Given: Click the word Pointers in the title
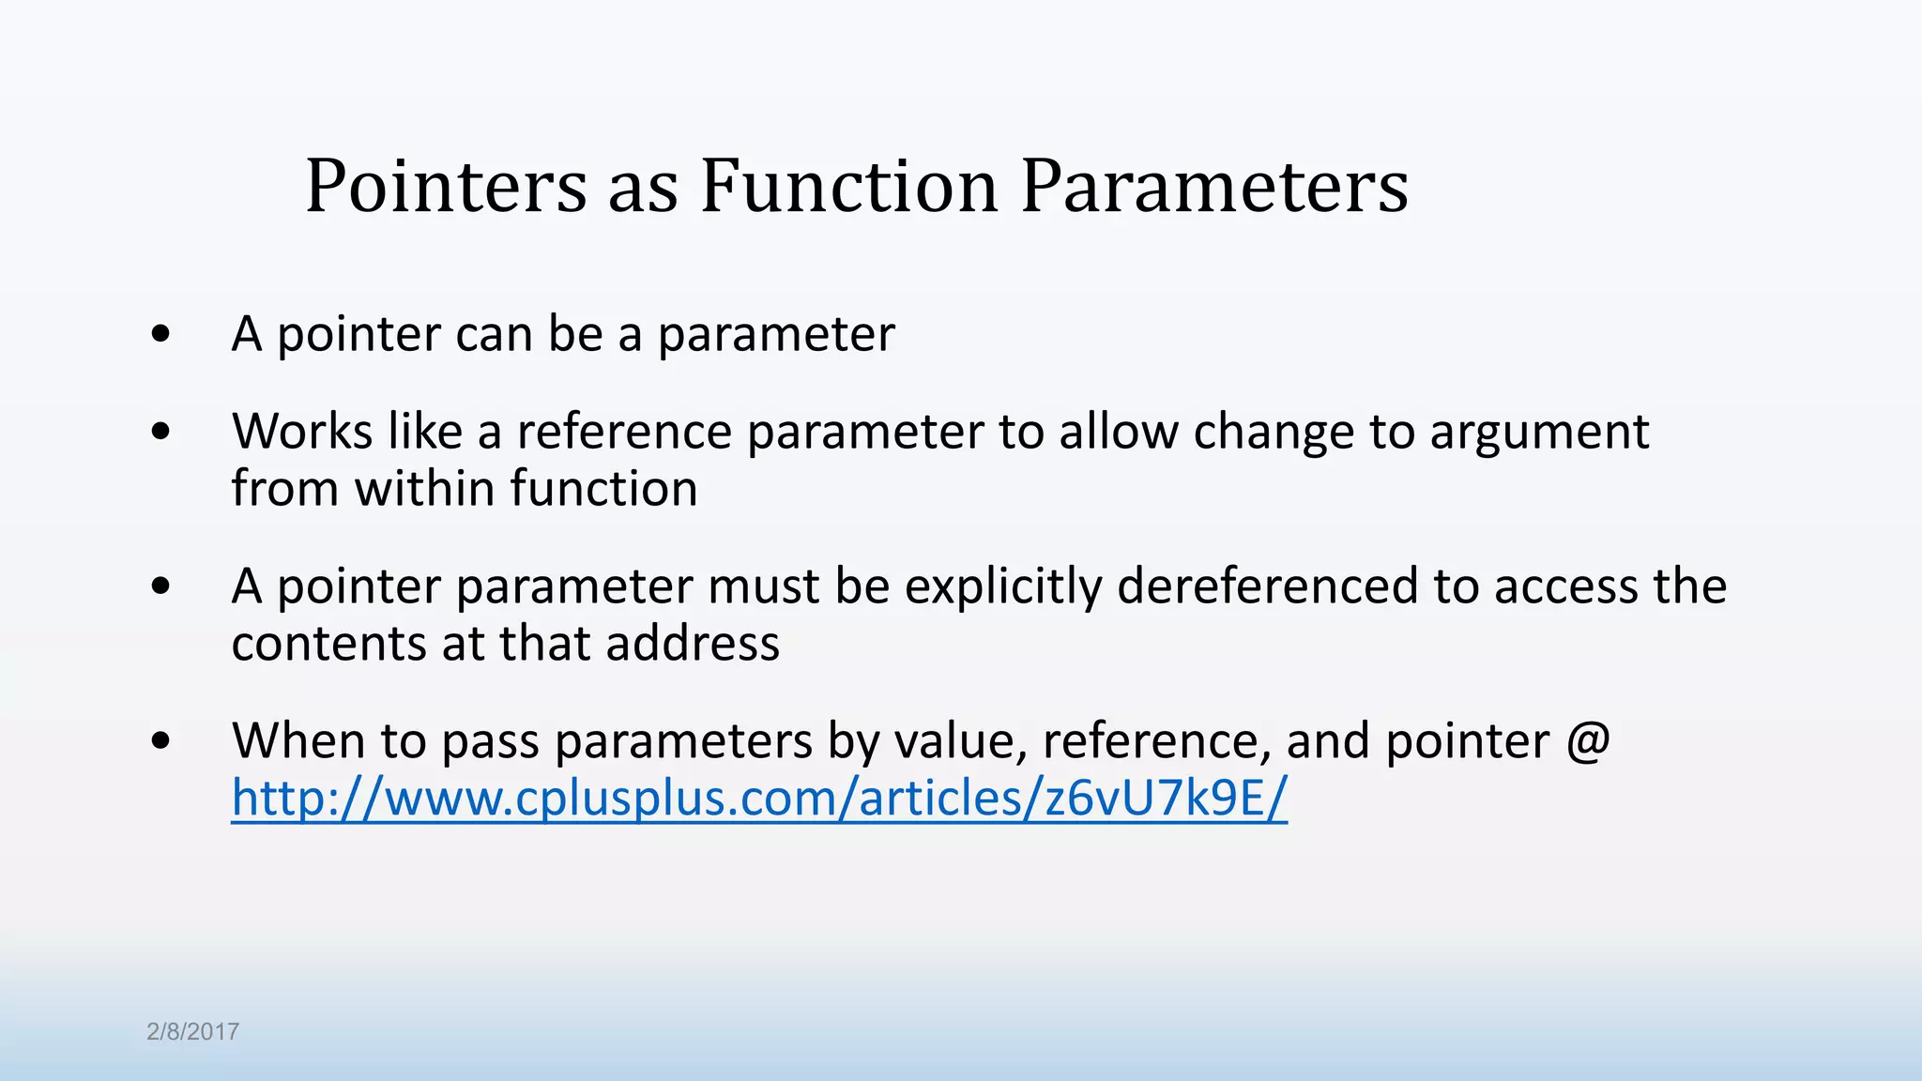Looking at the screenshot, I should click(x=446, y=186).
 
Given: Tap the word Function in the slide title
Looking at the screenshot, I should click(x=848, y=186).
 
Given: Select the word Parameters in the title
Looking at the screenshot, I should click(x=1214, y=186).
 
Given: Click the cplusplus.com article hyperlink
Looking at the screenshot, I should click(x=759, y=798).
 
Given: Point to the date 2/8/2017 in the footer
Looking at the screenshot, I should click(x=192, y=1031).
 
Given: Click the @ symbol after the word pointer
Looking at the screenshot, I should click(x=1588, y=740).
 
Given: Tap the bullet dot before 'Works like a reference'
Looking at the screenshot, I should click(x=160, y=432).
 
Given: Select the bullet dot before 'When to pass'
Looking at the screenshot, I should click(x=160, y=740).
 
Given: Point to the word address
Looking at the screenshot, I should click(x=693, y=644).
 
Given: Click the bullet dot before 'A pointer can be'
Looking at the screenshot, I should click(x=160, y=334).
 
